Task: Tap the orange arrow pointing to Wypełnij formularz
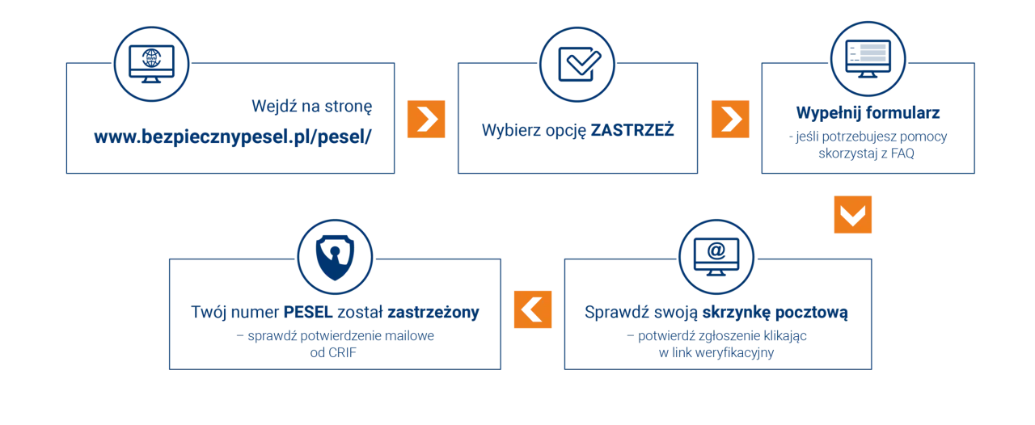coord(729,120)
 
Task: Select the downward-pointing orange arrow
coord(850,216)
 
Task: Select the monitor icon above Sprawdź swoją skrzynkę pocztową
coord(716,254)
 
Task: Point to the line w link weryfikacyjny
coord(717,353)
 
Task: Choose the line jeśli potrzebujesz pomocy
coord(868,135)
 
